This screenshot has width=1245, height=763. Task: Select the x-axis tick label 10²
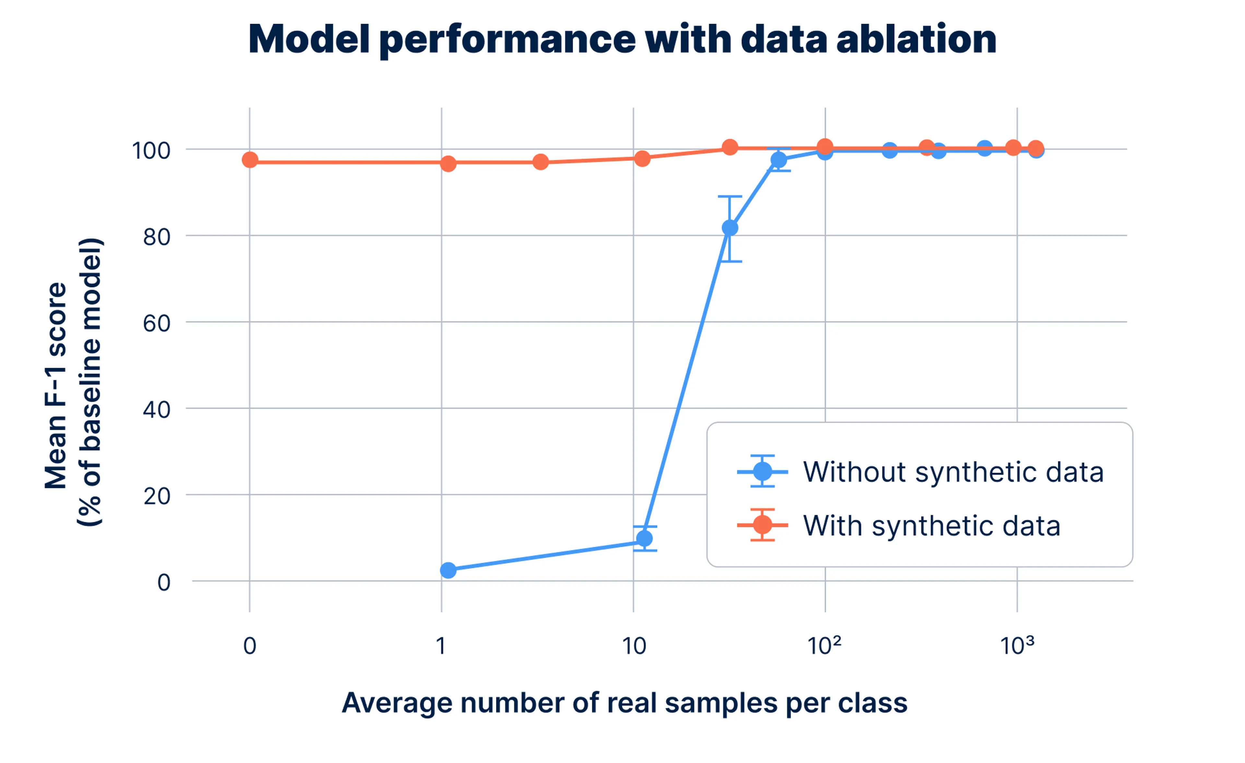tap(824, 645)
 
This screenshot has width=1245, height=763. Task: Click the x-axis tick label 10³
tap(1017, 645)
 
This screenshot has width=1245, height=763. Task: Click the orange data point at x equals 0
tap(250, 160)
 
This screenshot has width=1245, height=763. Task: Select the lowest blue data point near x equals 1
tap(448, 570)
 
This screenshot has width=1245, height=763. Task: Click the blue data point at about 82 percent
tap(729, 228)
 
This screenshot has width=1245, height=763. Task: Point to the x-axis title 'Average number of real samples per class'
tap(624, 703)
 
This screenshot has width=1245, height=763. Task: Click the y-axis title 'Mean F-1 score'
tap(55, 385)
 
